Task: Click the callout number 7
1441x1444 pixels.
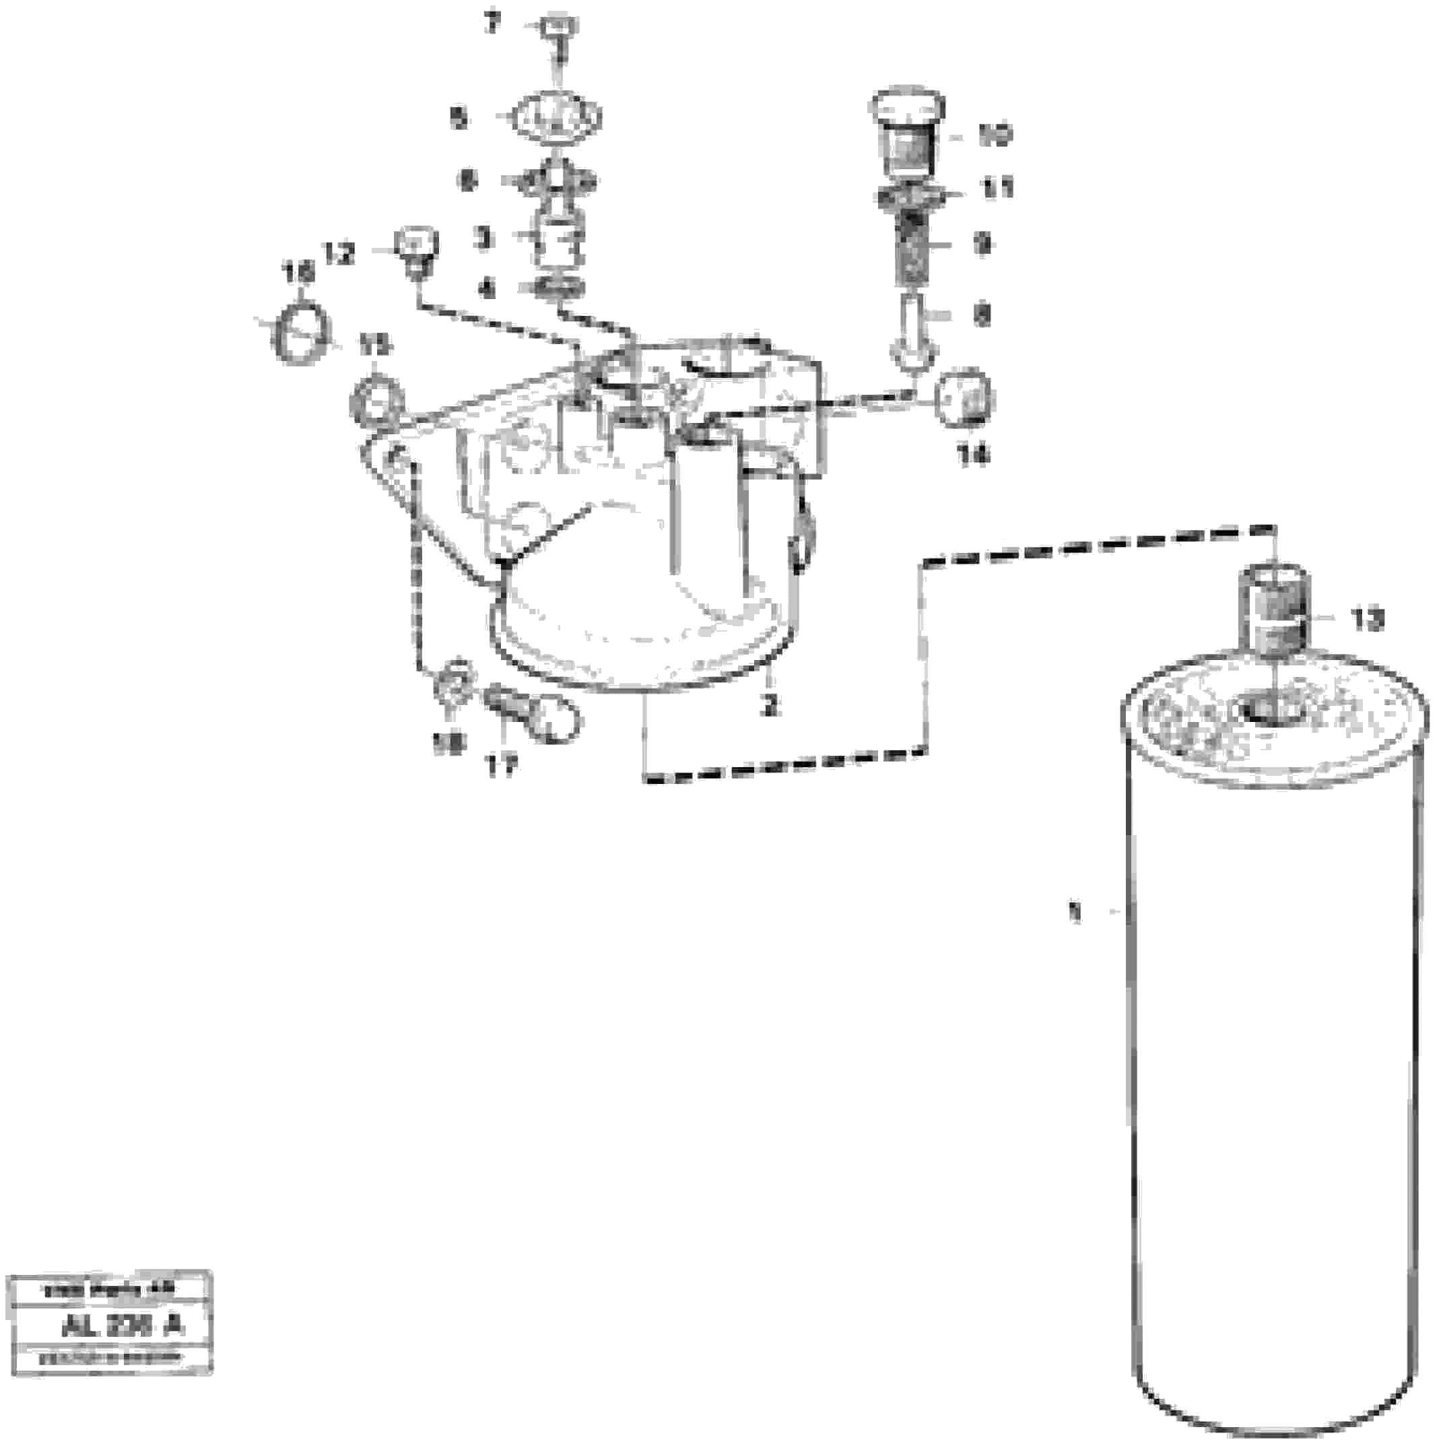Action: (492, 25)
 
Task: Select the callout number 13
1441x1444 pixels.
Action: (1367, 620)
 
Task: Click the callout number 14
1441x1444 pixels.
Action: (974, 455)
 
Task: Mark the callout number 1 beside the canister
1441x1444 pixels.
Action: (1075, 913)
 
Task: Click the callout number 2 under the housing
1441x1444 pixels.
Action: (770, 704)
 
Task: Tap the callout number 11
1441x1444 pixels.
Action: (998, 188)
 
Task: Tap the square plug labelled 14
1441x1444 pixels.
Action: (965, 396)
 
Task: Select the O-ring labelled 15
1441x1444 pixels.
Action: (376, 397)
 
